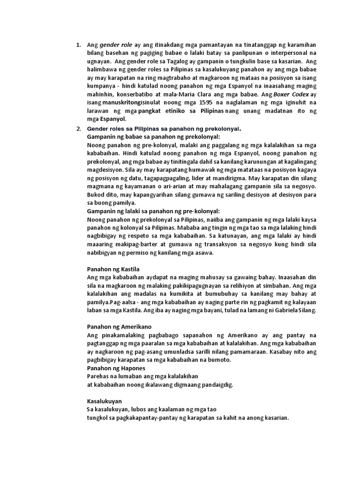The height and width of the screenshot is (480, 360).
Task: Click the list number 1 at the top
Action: [x=77, y=45]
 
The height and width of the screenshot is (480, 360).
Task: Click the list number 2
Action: [x=77, y=128]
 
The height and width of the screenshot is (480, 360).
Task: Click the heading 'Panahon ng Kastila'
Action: [x=113, y=269]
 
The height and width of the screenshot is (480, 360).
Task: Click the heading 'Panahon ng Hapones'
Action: [x=116, y=368]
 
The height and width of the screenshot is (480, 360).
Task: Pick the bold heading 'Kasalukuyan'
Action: [x=105, y=402]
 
